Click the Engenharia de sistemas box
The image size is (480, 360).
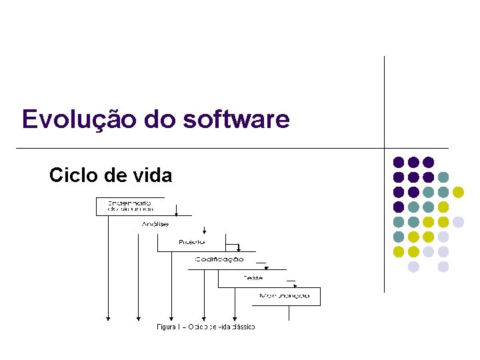coord(130,205)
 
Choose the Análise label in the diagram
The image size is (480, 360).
coord(155,225)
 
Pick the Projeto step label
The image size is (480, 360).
coord(192,241)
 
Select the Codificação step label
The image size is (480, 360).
coord(219,259)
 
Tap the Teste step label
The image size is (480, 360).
coord(253,277)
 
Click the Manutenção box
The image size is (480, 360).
coord(285,295)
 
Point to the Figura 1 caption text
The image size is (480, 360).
coord(206,327)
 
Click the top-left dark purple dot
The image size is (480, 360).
coord(399,162)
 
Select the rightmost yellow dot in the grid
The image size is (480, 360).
coord(458,192)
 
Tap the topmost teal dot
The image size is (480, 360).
coord(443,177)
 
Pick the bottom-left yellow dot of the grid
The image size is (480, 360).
coord(399,252)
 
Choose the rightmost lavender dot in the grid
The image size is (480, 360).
coord(458,222)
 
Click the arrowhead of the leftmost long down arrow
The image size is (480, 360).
coord(107,317)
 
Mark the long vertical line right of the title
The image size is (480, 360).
coord(385,100)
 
